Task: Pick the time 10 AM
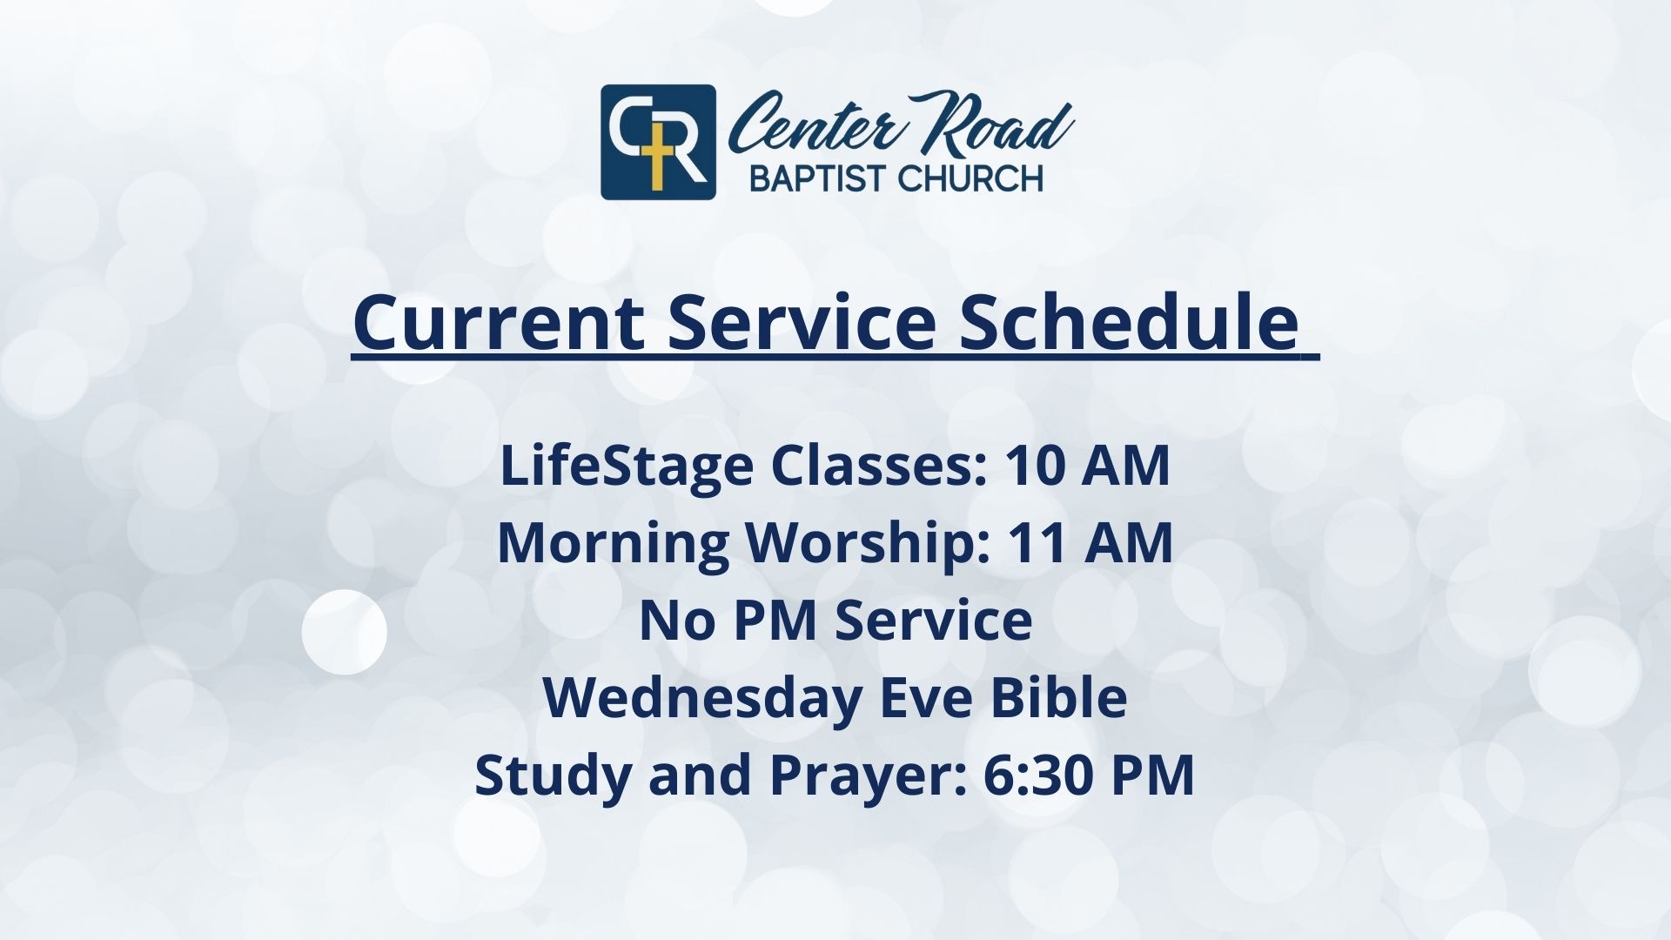(1088, 467)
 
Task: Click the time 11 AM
(1091, 543)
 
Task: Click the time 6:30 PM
(1089, 775)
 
